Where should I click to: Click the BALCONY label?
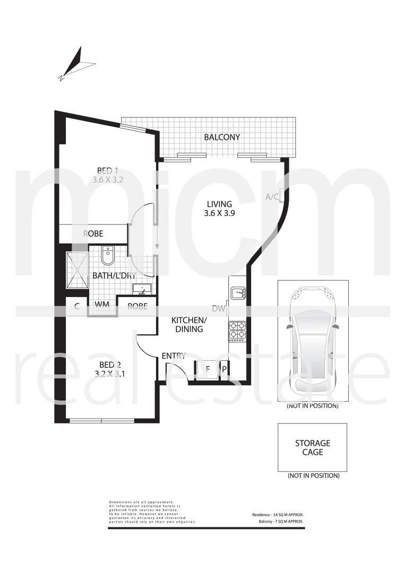[222, 137]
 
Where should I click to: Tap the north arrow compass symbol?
[76, 64]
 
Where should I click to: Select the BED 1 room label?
[108, 171]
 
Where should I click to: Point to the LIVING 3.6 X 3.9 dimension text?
[219, 213]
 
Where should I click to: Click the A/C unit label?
[272, 197]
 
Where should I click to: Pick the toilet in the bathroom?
[107, 256]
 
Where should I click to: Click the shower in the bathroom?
[77, 270]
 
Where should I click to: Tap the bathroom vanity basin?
[142, 290]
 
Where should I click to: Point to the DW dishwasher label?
[218, 308]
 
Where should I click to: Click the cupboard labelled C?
[77, 306]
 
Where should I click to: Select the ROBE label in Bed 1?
[93, 233]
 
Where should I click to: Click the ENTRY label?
[174, 355]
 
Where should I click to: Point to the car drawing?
[313, 342]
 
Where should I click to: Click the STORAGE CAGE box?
[313, 447]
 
